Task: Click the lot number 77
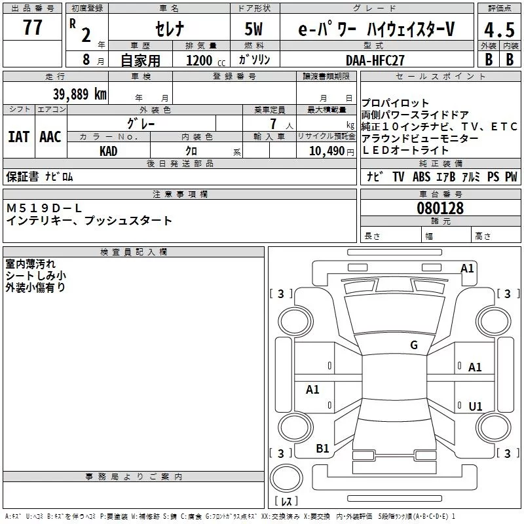(32, 28)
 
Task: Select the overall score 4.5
(498, 30)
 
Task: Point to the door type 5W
(255, 29)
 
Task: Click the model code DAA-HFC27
(375, 60)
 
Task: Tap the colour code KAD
(109, 151)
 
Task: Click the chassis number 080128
(440, 208)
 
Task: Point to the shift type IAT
(18, 137)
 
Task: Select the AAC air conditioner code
(50, 137)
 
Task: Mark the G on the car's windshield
(413, 345)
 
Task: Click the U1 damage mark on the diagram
(475, 407)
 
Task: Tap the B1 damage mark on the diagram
(322, 449)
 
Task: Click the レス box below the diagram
(286, 502)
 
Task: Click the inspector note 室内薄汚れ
(31, 264)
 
